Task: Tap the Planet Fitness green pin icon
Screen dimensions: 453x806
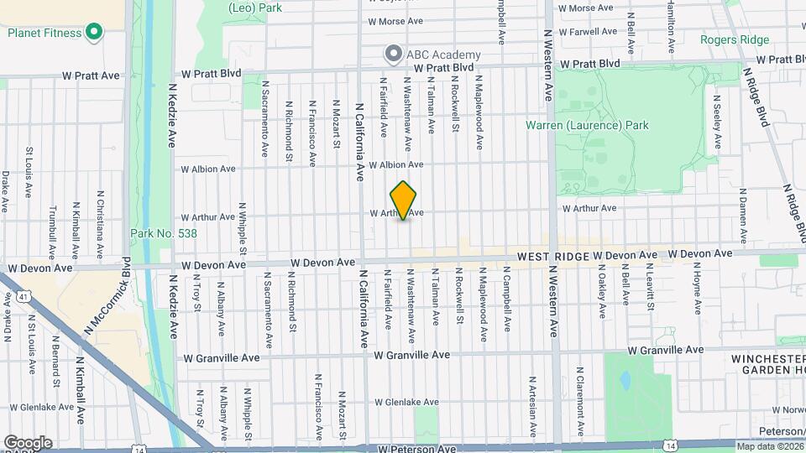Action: pyautogui.click(x=94, y=34)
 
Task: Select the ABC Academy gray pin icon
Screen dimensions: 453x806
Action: pyautogui.click(x=393, y=55)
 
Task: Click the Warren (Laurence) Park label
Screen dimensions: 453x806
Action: pyautogui.click(x=587, y=126)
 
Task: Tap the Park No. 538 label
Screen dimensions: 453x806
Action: pyautogui.click(x=164, y=233)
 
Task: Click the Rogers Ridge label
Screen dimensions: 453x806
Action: pyautogui.click(x=735, y=39)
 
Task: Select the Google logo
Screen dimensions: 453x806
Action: pyautogui.click(x=27, y=442)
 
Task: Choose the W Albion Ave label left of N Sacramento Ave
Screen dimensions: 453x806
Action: pyautogui.click(x=209, y=169)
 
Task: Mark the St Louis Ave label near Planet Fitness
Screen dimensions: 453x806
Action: pyautogui.click(x=29, y=172)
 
